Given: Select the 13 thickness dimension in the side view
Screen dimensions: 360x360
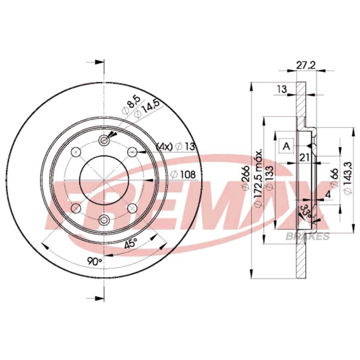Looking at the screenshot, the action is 281,89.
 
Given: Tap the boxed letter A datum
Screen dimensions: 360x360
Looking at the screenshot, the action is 286,146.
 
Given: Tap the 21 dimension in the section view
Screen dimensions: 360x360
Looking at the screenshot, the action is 305,158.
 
